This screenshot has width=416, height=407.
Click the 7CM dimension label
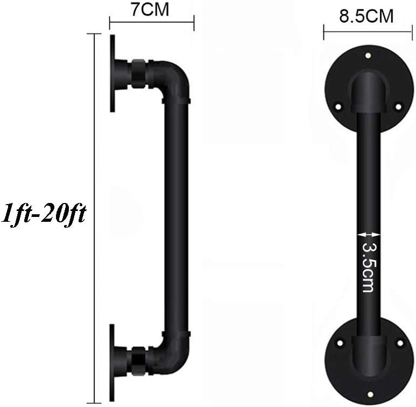pos(150,9)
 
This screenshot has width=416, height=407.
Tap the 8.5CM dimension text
pos(366,16)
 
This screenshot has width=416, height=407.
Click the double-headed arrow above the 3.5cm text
pos(369,235)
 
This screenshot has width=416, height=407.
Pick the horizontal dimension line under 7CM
pos(152,23)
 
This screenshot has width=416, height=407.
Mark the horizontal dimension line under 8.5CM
pos(368,32)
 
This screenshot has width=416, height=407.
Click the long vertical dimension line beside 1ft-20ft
pos(94,218)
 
